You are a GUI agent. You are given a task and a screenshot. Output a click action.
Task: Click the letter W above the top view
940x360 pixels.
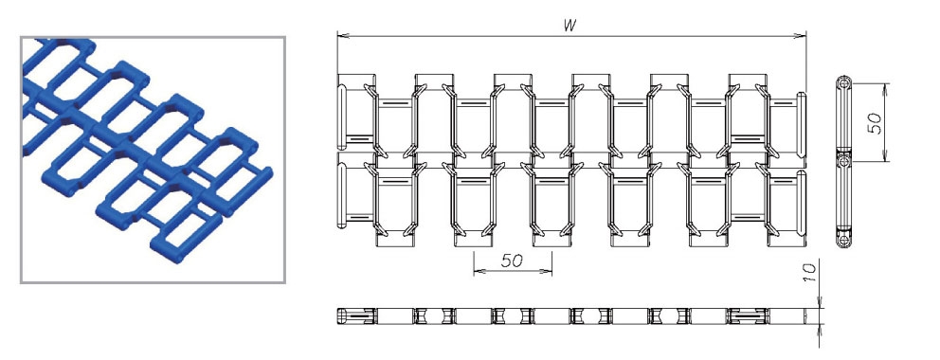click(x=570, y=26)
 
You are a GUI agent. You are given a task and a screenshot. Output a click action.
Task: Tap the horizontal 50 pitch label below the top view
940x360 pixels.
click(x=512, y=261)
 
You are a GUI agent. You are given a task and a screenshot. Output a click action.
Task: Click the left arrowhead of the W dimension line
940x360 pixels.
click(x=344, y=36)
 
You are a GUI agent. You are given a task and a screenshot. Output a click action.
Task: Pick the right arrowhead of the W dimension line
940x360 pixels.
click(x=800, y=36)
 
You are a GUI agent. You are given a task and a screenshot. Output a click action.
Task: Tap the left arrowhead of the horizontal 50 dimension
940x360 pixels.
click(x=479, y=271)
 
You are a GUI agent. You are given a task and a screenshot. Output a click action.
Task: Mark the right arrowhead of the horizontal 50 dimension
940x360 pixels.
click(x=546, y=271)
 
